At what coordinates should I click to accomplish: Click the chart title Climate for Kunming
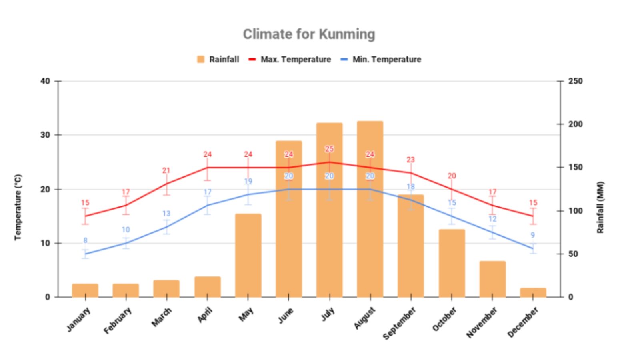pos(309,34)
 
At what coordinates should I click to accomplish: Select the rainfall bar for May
pos(248,256)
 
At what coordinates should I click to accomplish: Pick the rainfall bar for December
pos(533,292)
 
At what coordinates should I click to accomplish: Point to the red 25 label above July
pos(329,149)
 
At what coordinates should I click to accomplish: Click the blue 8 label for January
pos(85,240)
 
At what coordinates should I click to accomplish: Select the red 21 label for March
pos(166,170)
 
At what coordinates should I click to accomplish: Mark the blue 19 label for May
pos(248,181)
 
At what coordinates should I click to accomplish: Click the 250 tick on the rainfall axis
pos(575,81)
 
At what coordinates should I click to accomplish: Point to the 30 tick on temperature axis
pos(45,135)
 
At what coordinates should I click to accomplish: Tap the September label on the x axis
pos(400,323)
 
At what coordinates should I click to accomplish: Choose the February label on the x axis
pos(118,320)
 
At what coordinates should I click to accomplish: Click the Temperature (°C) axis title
pos(18,207)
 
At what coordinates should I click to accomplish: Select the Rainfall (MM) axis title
pos(600,207)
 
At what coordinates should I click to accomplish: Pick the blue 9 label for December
pos(533,235)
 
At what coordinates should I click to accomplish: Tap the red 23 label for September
pos(411,160)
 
